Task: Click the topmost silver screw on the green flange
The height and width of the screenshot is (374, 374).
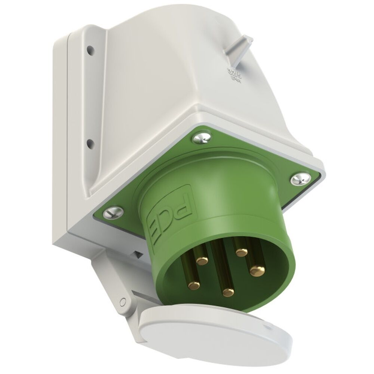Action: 200,139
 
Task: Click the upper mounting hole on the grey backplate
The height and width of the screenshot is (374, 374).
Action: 89,49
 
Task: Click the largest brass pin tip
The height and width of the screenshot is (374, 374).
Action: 256,270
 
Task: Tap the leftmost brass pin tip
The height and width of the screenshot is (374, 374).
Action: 194,286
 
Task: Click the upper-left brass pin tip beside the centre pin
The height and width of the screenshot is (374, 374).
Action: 202,260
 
